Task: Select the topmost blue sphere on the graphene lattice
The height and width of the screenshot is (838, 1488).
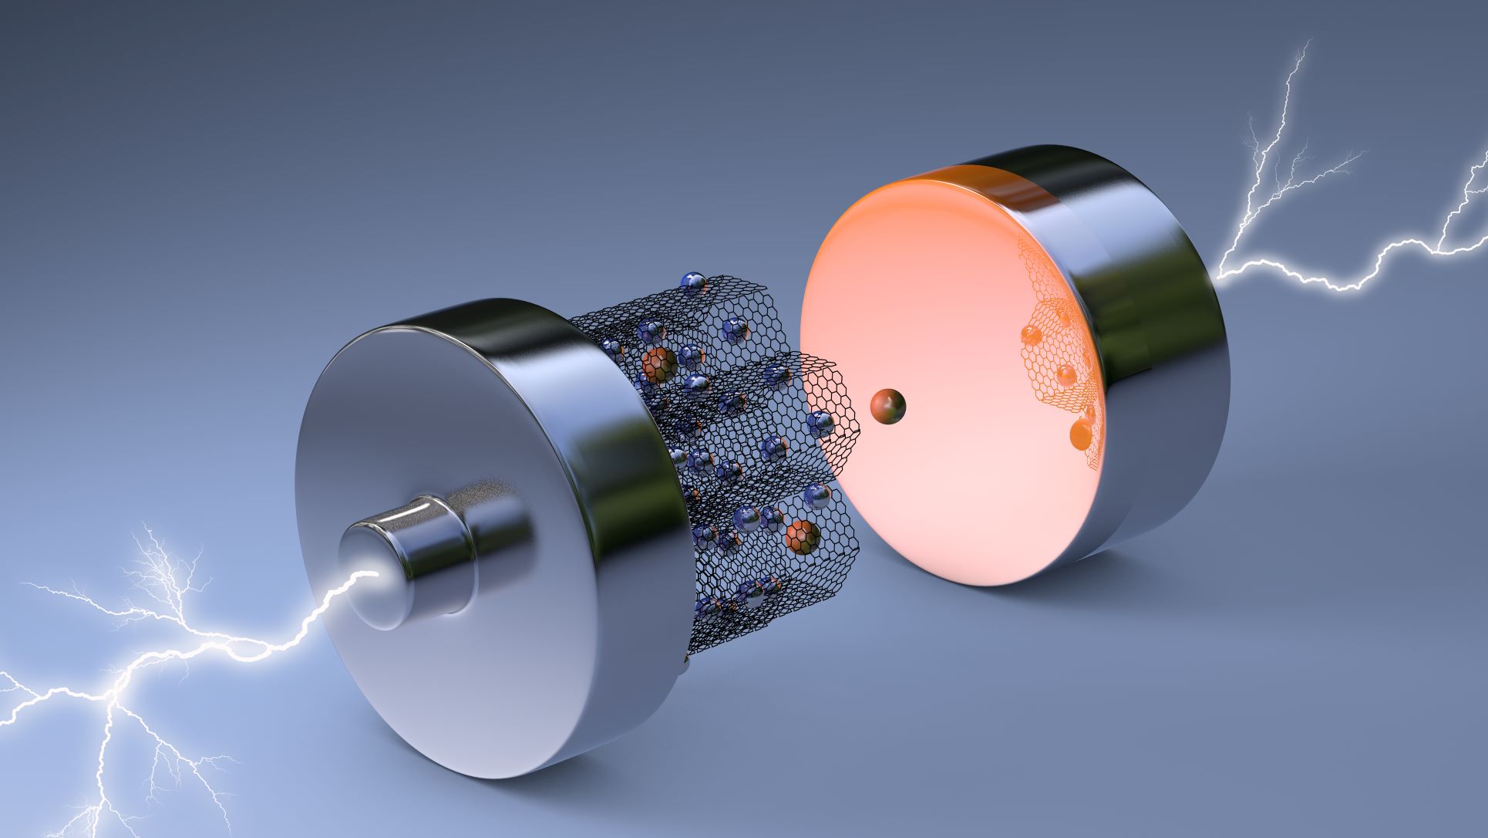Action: (x=694, y=283)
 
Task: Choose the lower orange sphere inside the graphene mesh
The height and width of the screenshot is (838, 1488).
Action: (x=800, y=536)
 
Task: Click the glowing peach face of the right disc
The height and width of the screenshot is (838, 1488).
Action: (x=925, y=309)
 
